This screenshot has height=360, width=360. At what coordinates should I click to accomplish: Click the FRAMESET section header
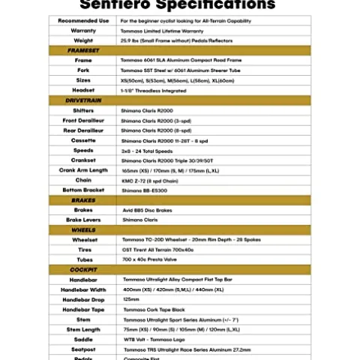tap(83, 50)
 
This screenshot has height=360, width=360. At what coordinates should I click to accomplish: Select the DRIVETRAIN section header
tap(83, 100)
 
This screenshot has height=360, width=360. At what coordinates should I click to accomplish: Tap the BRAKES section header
tap(83, 200)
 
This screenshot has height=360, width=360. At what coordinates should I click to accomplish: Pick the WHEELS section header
tap(83, 229)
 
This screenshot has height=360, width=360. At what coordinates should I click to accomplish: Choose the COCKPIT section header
tap(83, 268)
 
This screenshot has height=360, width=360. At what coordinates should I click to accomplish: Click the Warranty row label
tap(83, 31)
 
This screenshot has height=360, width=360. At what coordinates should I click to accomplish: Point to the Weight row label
tap(83, 40)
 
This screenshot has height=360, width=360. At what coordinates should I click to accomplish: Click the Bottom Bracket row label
tap(83, 190)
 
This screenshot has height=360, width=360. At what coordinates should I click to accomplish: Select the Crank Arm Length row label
tap(83, 169)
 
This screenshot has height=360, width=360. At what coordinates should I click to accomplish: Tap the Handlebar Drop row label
tap(83, 298)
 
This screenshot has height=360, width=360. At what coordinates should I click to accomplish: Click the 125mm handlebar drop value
tap(131, 298)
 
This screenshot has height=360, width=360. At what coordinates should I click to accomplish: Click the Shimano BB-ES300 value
tap(145, 190)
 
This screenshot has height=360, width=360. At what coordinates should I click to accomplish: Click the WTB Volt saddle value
tap(157, 338)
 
